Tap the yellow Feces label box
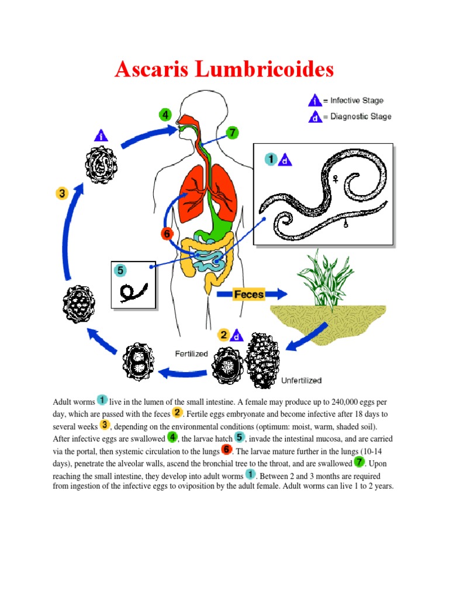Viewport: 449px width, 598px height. (249, 294)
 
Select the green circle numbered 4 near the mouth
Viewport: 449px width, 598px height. (167, 115)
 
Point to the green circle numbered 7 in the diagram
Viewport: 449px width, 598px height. (233, 133)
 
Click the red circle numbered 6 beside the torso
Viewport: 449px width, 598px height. (167, 234)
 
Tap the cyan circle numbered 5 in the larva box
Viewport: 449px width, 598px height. (120, 270)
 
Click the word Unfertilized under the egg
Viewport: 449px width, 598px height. (302, 381)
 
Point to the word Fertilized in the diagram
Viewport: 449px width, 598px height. (191, 353)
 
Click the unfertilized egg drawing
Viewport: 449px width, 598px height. (263, 361)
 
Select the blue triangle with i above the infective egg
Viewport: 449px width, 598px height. (102, 135)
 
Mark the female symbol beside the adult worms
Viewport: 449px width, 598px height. (336, 181)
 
